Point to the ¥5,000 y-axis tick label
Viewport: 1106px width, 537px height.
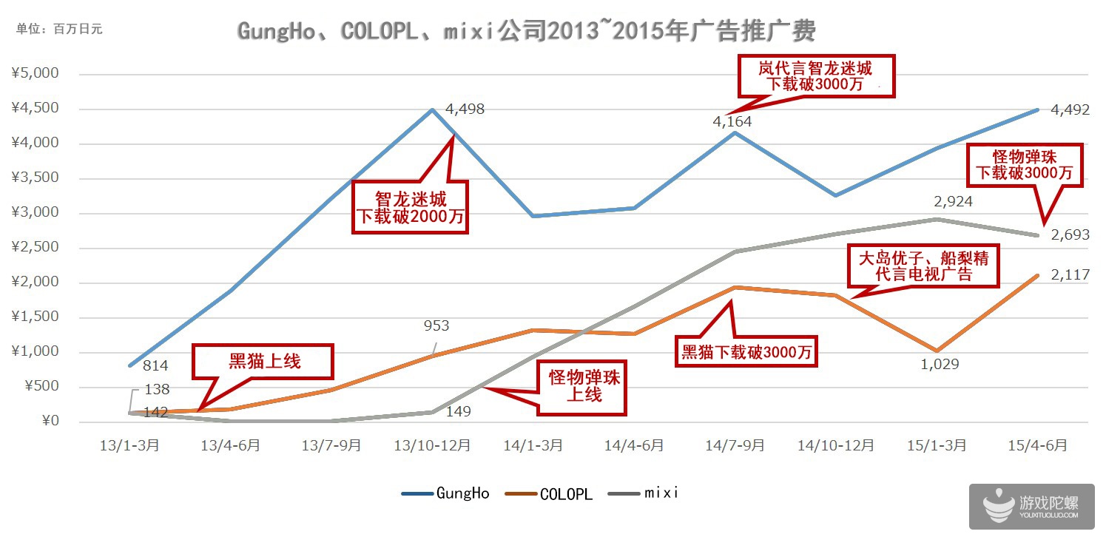[x=36, y=74]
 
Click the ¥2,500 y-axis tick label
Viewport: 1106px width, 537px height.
[x=36, y=248]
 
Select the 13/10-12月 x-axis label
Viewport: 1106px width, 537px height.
[x=432, y=446]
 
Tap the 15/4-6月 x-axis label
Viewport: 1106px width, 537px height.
[x=1039, y=446]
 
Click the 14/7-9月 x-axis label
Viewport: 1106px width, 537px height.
[x=735, y=446]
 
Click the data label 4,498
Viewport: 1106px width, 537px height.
[x=465, y=109]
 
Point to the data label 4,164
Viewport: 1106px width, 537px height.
[x=732, y=121]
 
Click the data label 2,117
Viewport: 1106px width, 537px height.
[x=1070, y=275]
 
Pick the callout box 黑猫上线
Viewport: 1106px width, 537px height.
[x=263, y=362]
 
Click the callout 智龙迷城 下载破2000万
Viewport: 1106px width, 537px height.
[x=411, y=208]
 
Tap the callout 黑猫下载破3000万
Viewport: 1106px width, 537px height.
[x=747, y=352]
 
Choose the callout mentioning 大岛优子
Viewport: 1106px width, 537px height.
[x=923, y=267]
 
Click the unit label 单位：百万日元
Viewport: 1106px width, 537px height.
[x=59, y=29]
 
